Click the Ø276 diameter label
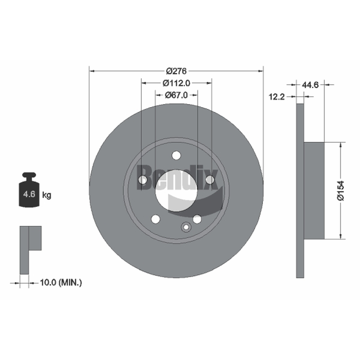176,71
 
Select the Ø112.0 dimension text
176,83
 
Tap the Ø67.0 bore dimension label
176,95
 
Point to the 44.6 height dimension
310,85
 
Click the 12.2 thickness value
277,97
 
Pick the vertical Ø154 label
341,190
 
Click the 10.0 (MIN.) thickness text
61,283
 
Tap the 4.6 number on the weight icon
29,194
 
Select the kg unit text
47,195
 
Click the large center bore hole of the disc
176,190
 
